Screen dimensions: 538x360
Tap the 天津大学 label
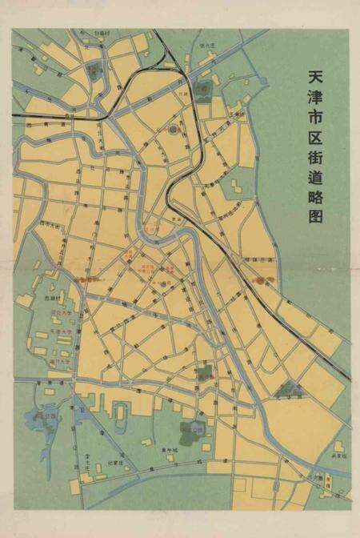62,330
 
